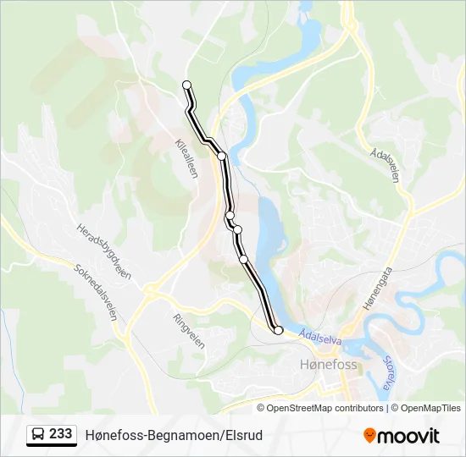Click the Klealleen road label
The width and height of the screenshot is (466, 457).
point(187,158)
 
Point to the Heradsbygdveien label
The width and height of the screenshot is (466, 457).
point(103,251)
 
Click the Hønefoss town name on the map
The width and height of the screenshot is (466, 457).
point(330,365)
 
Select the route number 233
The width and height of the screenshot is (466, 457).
point(60,434)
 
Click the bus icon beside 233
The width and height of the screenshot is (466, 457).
point(38,435)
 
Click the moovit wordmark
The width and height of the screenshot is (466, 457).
point(408,435)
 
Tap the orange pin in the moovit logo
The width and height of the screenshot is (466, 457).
point(369,435)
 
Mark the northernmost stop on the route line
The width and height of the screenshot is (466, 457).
point(187,84)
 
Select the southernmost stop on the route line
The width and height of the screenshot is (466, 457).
point(277,330)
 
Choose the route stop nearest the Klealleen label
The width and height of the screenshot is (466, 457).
point(221,156)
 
